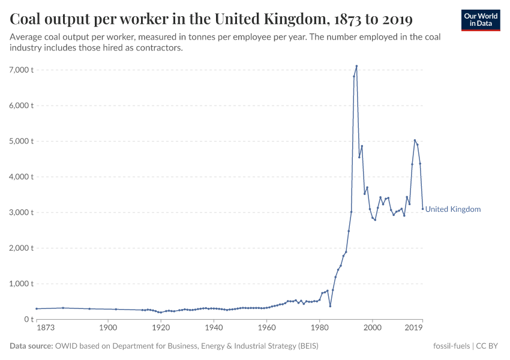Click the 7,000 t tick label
[21, 70]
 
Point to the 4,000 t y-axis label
[21, 176]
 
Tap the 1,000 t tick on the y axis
[21, 283]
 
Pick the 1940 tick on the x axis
[214, 328]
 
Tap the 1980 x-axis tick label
[319, 328]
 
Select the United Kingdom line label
[453, 209]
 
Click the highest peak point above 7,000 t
[356, 66]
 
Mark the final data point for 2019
[422, 209]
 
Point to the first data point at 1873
[37, 308]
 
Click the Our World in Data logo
[481, 20]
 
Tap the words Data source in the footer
[31, 346]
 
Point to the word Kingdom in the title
[296, 19]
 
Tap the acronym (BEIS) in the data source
[305, 346]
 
